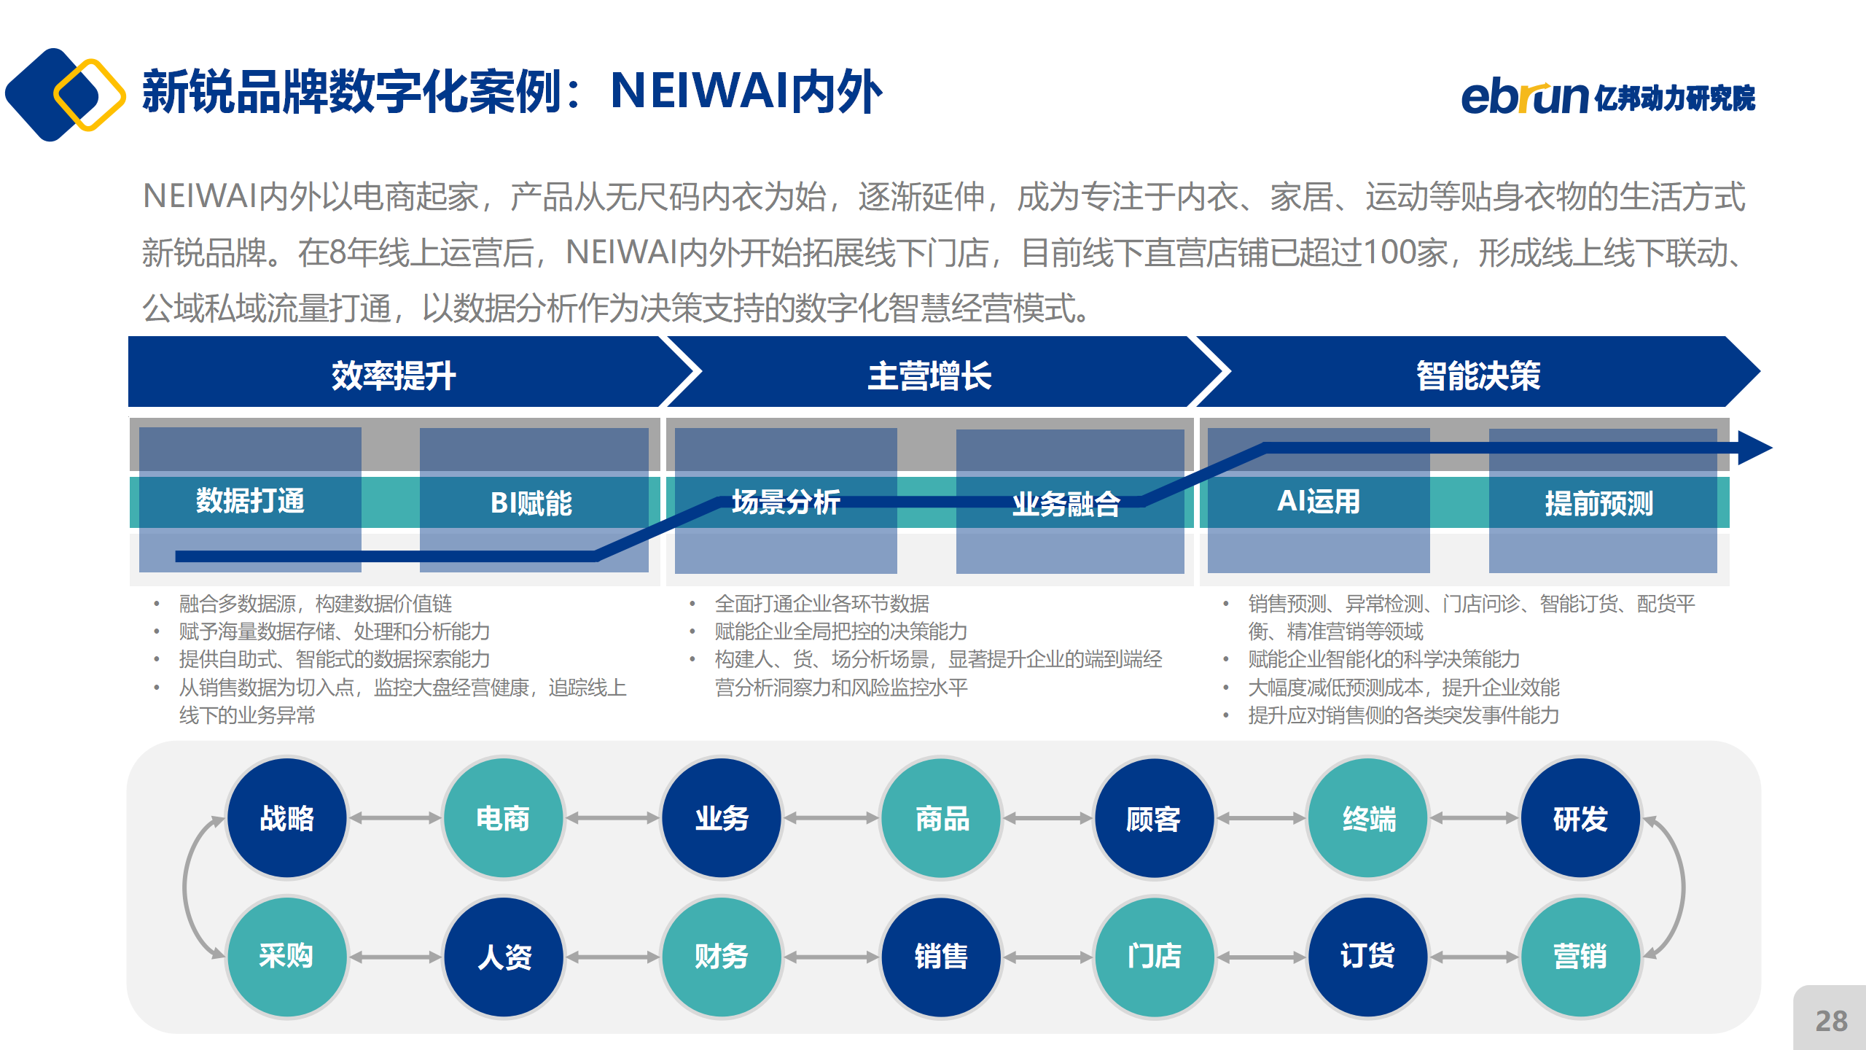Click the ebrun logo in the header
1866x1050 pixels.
(1608, 98)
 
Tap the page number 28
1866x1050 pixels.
(1832, 1021)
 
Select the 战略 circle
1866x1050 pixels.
(286, 818)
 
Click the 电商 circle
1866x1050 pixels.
(503, 818)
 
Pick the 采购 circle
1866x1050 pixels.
(286, 956)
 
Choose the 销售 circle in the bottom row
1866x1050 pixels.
(941, 956)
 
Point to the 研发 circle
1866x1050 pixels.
(1580, 818)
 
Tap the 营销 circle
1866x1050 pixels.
(1580, 956)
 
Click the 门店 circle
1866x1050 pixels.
(1155, 956)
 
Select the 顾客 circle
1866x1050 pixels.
(1155, 818)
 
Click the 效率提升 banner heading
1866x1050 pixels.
(394, 376)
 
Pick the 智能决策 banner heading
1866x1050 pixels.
(1478, 376)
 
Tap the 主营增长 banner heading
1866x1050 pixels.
(929, 376)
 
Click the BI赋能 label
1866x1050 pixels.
(531, 503)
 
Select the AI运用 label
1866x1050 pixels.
(1319, 502)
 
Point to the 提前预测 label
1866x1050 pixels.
(1599, 503)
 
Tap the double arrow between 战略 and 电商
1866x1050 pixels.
(395, 818)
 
